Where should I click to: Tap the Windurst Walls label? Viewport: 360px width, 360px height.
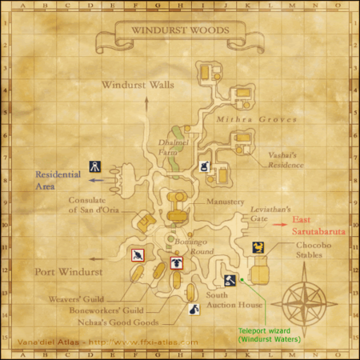(138, 84)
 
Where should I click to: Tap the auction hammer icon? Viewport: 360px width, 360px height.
(230, 280)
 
